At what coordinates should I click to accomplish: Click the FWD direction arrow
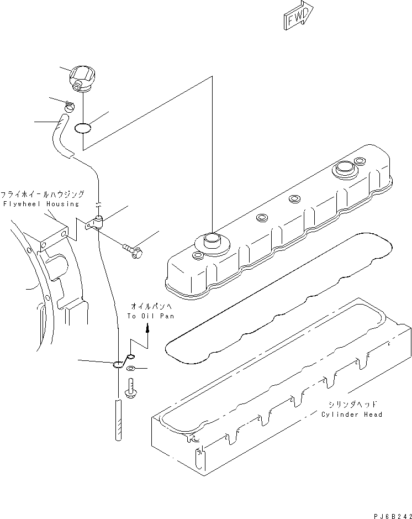299,16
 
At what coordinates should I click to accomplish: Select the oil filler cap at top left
81,79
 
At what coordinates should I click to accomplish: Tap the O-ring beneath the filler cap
83,128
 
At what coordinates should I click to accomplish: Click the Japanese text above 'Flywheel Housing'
42,195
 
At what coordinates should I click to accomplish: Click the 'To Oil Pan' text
150,316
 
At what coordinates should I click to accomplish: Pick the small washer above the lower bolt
130,369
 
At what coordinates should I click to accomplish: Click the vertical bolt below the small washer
131,387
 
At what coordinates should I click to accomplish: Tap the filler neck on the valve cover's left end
211,239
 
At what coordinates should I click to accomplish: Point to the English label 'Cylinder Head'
352,415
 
